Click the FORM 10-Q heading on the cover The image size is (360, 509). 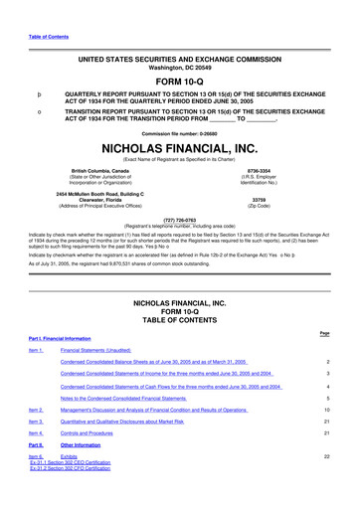(x=180, y=82)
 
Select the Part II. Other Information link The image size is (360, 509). (x=82, y=446)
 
